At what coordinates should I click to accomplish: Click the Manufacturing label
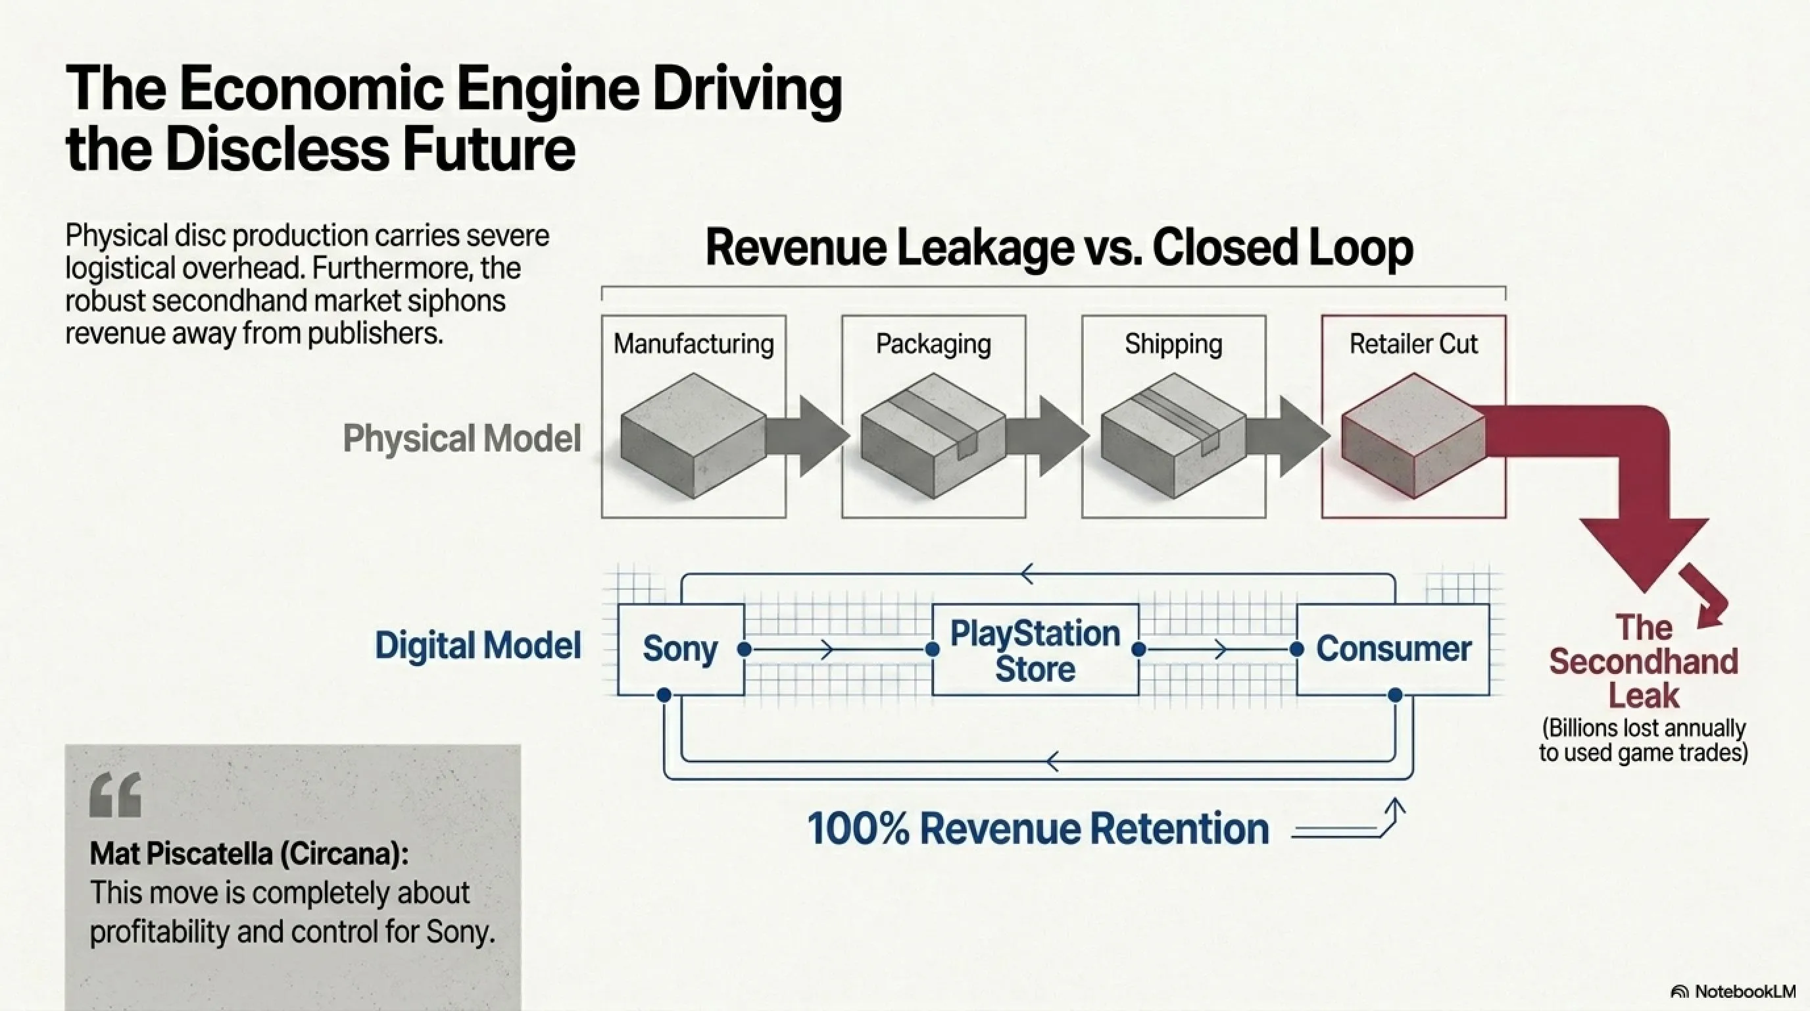[693, 344]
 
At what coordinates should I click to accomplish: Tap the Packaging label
[933, 344]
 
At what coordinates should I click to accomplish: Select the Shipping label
[1173, 344]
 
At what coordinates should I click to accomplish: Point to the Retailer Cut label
[1413, 344]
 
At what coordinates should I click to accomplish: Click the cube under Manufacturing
[693, 436]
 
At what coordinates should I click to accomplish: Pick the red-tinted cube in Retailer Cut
[1413, 436]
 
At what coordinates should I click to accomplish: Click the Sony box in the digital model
[680, 649]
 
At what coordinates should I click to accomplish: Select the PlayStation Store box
[1035, 650]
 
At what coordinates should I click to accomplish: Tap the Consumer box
[1392, 649]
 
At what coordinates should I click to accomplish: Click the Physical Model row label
[462, 438]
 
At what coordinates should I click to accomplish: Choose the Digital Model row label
[477, 646]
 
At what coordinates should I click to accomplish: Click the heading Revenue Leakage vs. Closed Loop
[1059, 247]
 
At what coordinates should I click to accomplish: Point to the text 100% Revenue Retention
[1038, 828]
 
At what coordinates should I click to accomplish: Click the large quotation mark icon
[115, 794]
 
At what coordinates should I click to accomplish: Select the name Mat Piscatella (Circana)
[249, 854]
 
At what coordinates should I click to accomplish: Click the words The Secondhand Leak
[1644, 661]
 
